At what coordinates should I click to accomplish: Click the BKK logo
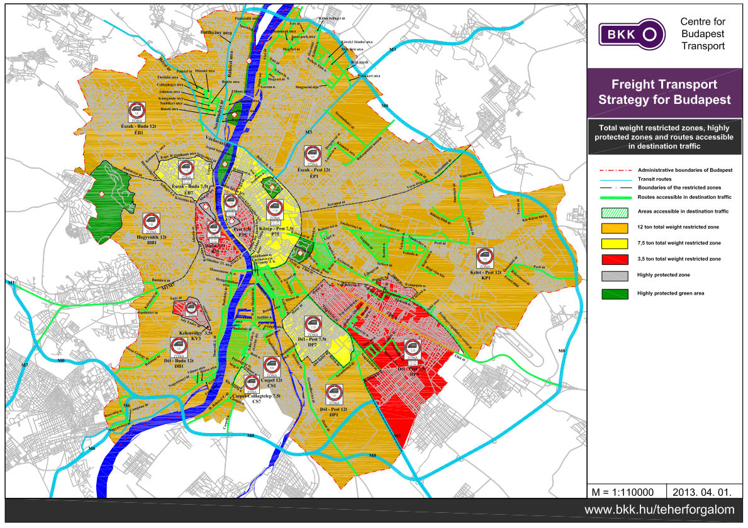(631, 33)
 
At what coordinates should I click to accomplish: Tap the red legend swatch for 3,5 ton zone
(615, 259)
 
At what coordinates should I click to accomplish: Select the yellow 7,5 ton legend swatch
(615, 243)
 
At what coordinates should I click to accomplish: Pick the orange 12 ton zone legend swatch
(615, 227)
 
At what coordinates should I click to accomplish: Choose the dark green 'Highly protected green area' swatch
(615, 293)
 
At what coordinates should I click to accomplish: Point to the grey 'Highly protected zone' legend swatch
(615, 276)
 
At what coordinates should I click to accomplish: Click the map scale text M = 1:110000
(620, 490)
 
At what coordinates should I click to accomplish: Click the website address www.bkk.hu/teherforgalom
(661, 510)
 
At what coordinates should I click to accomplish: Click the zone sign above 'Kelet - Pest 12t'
(484, 257)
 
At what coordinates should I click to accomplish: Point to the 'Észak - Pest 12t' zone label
(313, 174)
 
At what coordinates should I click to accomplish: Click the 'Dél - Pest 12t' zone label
(333, 412)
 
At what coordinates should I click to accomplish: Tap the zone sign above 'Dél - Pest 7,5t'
(311, 325)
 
